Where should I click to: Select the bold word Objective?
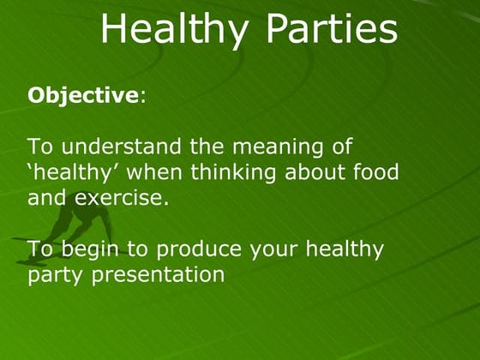coord(82,95)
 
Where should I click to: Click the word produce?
coord(198,250)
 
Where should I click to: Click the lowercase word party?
coord(52,276)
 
